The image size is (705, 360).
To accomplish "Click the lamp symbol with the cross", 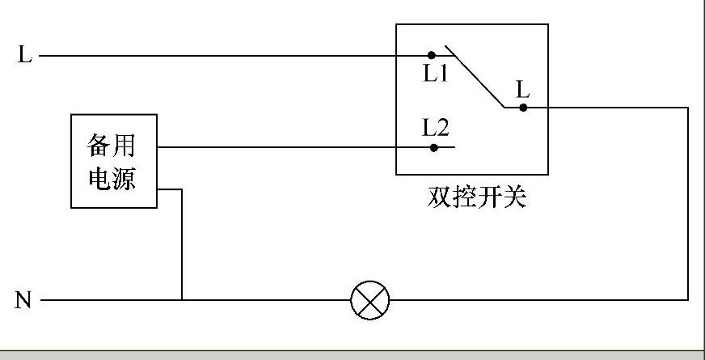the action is tap(370, 301).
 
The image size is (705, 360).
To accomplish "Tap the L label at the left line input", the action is tap(24, 56).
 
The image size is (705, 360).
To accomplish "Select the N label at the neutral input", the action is tap(23, 301).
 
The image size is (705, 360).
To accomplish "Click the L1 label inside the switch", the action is tap(436, 73).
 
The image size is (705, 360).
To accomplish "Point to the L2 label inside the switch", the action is tap(436, 127).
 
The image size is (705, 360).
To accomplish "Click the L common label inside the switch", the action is tap(523, 89).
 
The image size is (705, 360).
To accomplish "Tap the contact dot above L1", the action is tap(432, 55).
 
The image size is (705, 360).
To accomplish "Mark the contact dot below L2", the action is tap(434, 147).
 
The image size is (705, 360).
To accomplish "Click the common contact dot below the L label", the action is tap(523, 106).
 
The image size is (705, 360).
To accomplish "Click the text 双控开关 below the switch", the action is tap(476, 197).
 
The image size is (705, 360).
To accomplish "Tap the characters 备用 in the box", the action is tap(112, 146).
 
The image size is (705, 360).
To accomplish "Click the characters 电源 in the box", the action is tap(112, 178).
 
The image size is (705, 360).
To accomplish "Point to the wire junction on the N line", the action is tap(182, 301).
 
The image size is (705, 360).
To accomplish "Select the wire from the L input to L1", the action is tap(226, 56).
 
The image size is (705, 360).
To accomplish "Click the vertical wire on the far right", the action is tap(688, 202).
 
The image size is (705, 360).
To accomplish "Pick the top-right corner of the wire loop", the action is tap(688, 106).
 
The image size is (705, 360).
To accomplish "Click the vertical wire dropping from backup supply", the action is tap(182, 243).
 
